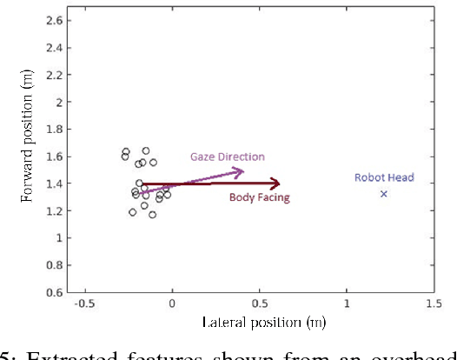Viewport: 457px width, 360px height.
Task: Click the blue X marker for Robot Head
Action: [x=383, y=193]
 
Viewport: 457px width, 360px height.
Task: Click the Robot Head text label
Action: [x=384, y=177]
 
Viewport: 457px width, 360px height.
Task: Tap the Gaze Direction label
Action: [x=228, y=157]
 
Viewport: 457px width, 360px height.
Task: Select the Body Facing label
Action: [x=259, y=197]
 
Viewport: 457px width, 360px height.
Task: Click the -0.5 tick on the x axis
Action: [x=83, y=303]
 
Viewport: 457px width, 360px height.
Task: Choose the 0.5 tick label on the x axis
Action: [x=260, y=303]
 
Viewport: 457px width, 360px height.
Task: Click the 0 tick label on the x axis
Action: [x=172, y=303]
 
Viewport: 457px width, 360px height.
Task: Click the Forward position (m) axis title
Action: [x=27, y=155]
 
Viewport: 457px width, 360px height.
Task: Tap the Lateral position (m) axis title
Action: [x=258, y=322]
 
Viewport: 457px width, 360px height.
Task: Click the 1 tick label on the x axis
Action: [x=348, y=303]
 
